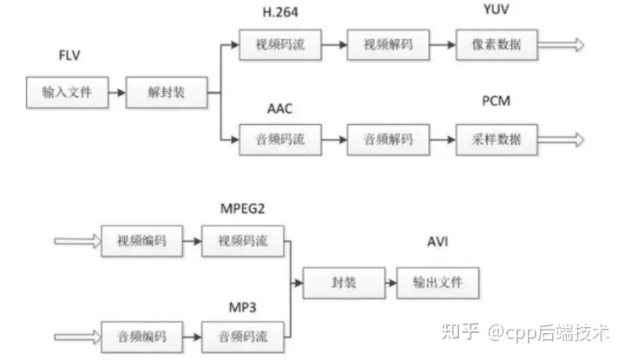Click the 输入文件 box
pos(68,93)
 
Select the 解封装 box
pos(167,93)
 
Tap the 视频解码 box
pos(388,44)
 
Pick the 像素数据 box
pos(497,44)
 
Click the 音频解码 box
pos(388,140)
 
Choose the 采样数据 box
pos(497,140)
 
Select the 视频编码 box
pos(141,241)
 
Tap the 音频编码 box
pos(141,337)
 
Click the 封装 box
pos(344,283)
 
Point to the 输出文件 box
pos(437,283)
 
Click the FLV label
pos(69,55)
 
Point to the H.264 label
pos(280,12)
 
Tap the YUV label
pos(497,9)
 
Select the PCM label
pos(497,101)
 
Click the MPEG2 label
pos(242,209)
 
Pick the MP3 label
pos(242,307)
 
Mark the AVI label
pos(437,242)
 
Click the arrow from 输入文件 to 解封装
pos(117,93)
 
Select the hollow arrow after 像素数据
pos(562,44)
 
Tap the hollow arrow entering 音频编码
pos(78,337)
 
